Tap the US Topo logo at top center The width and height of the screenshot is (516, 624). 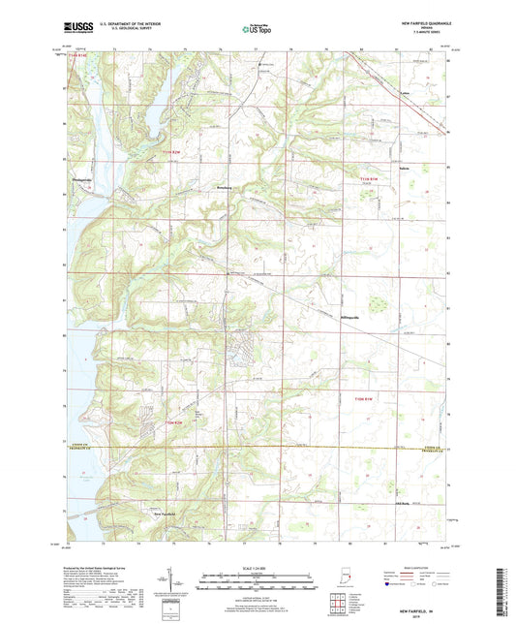(258, 29)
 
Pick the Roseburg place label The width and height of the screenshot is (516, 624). (223, 181)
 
